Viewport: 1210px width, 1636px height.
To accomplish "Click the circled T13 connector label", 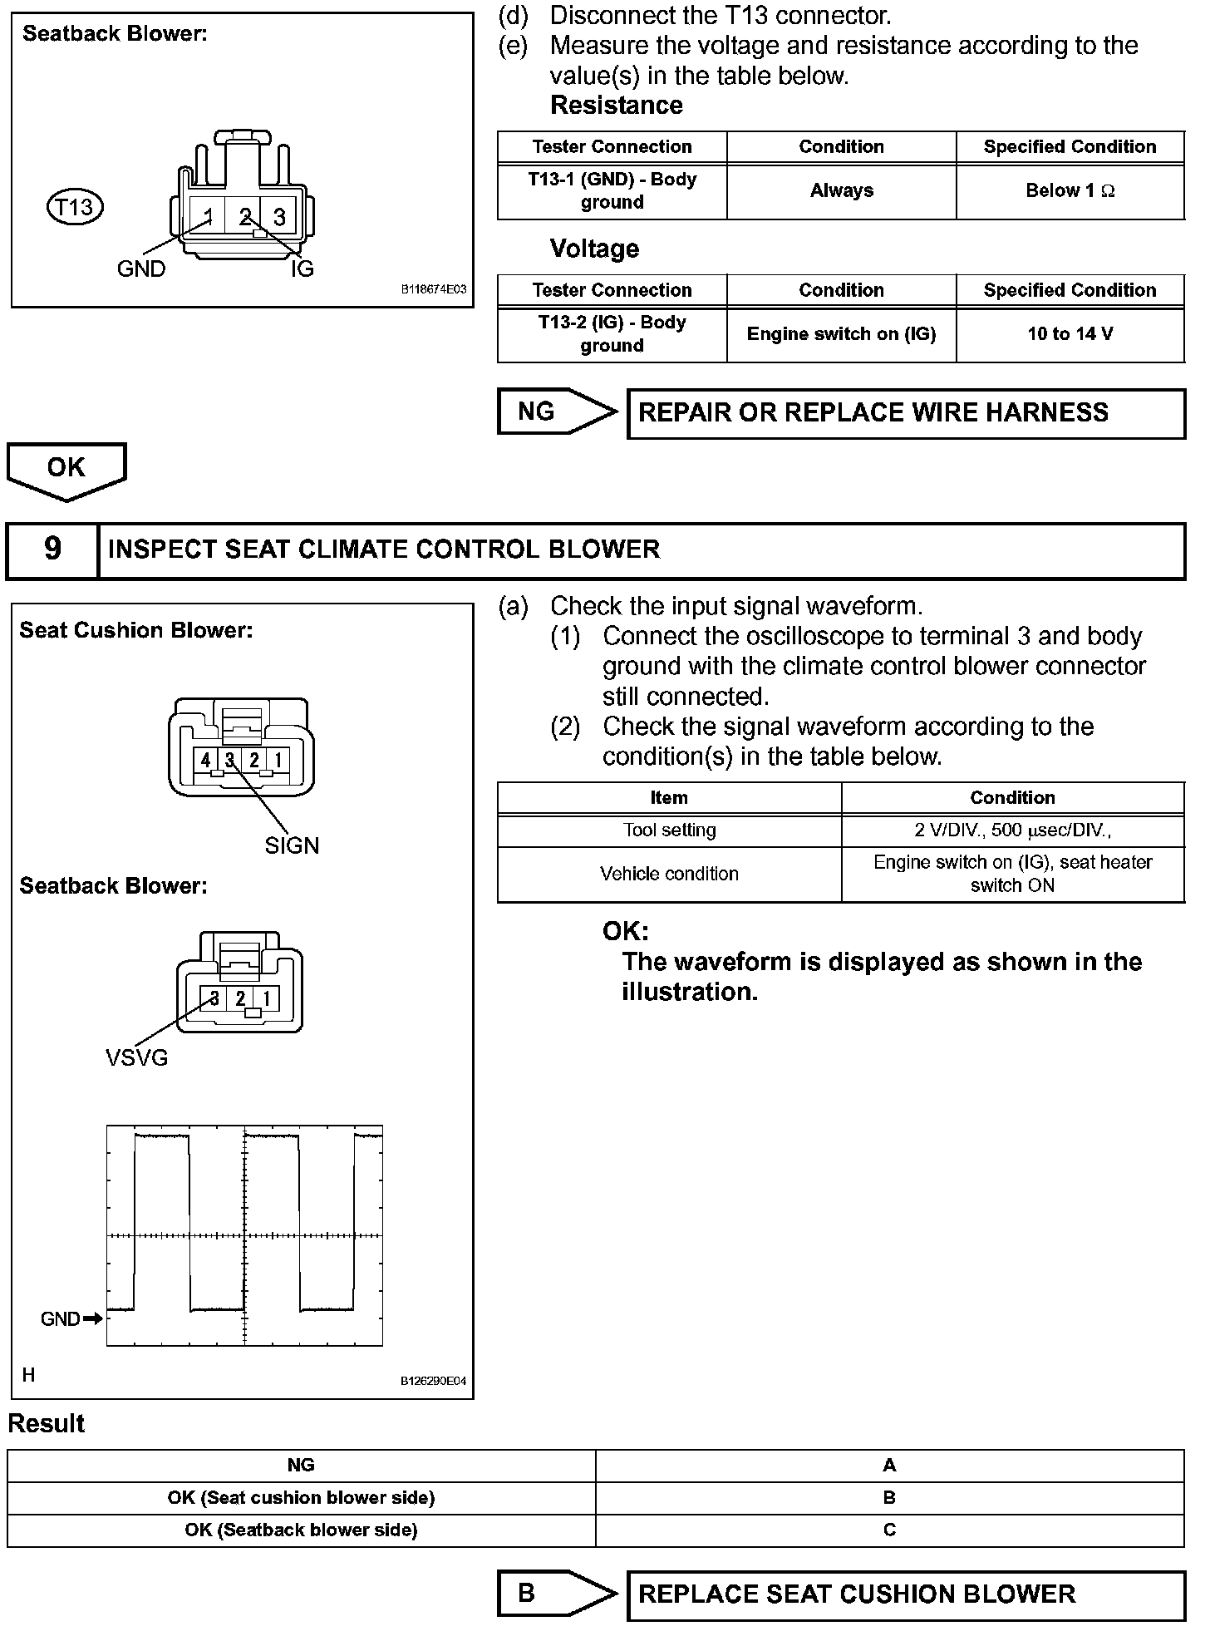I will [x=75, y=206].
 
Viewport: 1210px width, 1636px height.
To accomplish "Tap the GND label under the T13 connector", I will [x=140, y=269].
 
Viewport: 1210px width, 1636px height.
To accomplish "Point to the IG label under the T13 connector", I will [x=302, y=269].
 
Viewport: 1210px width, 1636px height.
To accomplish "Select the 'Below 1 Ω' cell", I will [x=1070, y=191].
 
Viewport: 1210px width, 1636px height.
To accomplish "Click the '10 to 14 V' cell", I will [x=1070, y=334].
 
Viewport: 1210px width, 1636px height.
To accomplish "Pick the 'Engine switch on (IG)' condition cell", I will [x=841, y=334].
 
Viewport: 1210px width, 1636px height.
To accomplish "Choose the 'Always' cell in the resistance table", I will [x=841, y=191].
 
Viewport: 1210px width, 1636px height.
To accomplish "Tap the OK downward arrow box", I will [x=66, y=469].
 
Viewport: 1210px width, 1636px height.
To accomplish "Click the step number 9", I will [x=52, y=549].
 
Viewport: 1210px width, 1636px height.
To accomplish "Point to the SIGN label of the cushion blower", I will [x=292, y=845].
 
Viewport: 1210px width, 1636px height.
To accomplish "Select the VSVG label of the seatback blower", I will [x=136, y=1057].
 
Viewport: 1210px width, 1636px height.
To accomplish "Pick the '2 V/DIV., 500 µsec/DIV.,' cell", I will [x=1012, y=830].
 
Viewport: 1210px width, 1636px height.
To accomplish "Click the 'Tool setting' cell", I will [x=669, y=830].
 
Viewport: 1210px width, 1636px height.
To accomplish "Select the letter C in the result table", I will [x=889, y=1530].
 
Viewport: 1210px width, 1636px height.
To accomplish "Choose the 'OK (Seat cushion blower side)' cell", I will [x=301, y=1497].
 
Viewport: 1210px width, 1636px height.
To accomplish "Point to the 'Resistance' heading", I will [x=616, y=106].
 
